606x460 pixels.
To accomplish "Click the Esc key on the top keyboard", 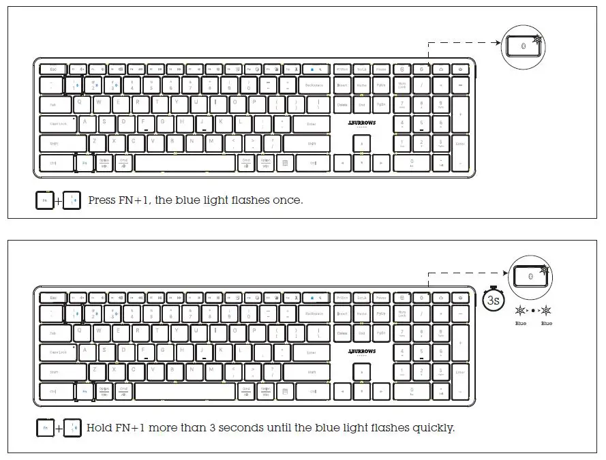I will pyautogui.click(x=53, y=69).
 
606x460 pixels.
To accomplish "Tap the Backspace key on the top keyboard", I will pyautogui.click(x=314, y=86).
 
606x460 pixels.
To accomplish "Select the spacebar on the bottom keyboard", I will pyautogui.click(x=185, y=392).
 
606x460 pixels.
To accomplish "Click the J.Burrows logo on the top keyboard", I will pyautogui.click(x=361, y=123).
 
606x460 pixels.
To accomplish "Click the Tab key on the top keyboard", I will pyautogui.click(x=53, y=105).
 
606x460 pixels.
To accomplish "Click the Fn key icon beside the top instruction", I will pyautogui.click(x=44, y=201).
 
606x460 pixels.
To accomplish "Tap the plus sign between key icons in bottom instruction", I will pyautogui.click(x=57, y=429).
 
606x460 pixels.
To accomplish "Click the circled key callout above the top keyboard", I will pyautogui.click(x=524, y=46).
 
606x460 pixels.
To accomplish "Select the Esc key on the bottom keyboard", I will pyautogui.click(x=53, y=297).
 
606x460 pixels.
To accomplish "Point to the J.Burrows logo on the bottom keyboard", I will pyautogui.click(x=361, y=352).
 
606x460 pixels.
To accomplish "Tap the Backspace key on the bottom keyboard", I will pyautogui.click(x=314, y=313).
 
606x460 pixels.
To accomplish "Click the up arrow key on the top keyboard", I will pyautogui.click(x=361, y=144).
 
